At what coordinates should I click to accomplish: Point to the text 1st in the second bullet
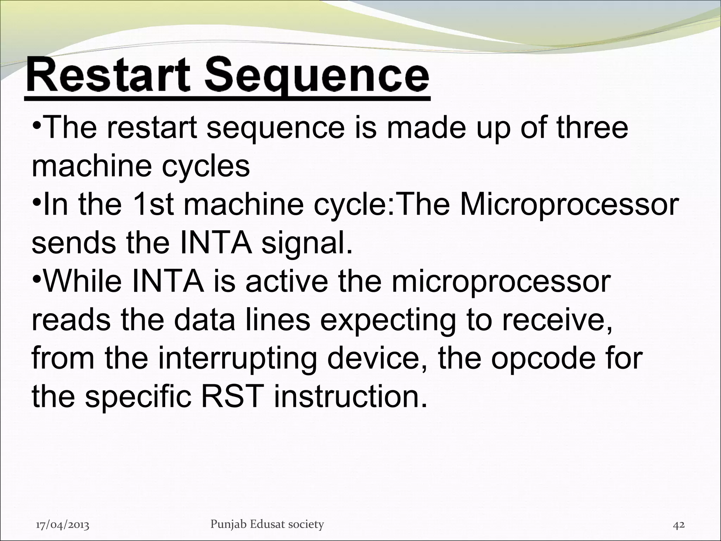point(153,204)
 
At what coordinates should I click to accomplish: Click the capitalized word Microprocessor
point(568,205)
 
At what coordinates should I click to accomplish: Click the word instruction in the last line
point(350,397)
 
